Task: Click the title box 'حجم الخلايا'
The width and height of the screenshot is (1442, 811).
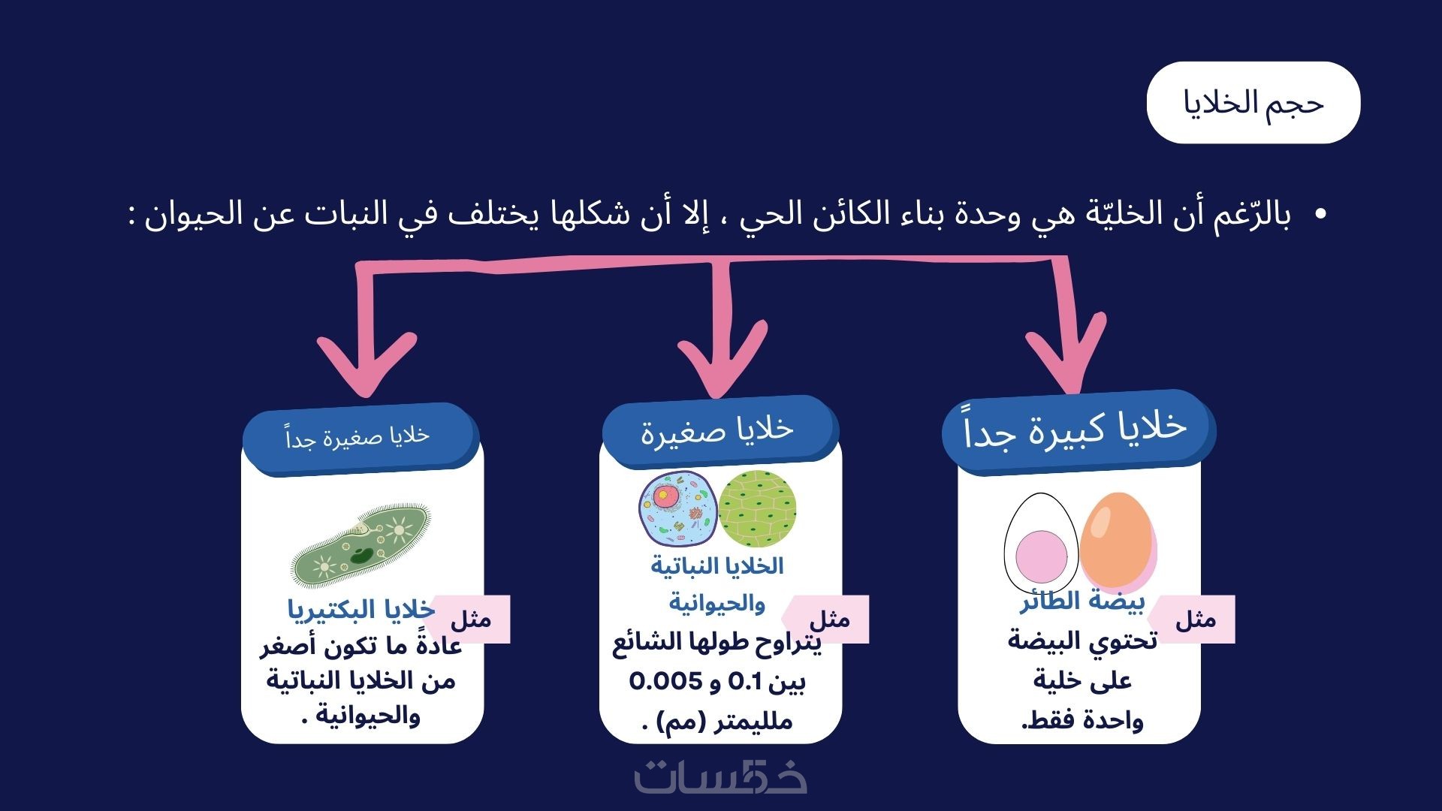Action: [x=1253, y=103]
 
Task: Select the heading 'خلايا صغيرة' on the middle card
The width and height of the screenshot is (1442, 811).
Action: [x=717, y=430]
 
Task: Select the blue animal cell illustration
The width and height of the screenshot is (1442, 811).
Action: [x=677, y=508]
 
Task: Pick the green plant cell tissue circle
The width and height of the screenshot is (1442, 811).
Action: [x=757, y=508]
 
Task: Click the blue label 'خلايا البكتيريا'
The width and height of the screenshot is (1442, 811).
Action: [x=361, y=609]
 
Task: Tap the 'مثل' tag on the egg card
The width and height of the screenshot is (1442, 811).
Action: [x=1194, y=620]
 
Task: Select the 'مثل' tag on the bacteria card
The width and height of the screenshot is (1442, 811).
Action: [x=472, y=620]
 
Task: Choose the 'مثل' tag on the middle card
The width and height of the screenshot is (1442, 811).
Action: [x=829, y=620]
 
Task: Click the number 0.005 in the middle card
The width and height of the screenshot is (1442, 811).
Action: [x=664, y=682]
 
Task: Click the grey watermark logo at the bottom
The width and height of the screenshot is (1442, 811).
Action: [x=721, y=777]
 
